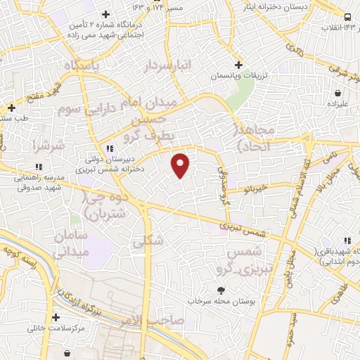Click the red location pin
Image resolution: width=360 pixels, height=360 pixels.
(181, 165)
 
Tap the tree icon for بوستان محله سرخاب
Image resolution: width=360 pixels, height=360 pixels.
(222, 290)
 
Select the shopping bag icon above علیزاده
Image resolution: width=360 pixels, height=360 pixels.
(340, 92)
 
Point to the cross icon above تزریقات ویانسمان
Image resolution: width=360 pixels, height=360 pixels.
(238, 64)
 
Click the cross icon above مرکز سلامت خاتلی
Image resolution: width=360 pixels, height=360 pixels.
(56, 317)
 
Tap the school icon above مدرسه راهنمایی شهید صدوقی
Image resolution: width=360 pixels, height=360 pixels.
(39, 167)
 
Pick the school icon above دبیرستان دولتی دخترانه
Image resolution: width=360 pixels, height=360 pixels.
(109, 148)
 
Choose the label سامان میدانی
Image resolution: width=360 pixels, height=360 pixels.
(69, 241)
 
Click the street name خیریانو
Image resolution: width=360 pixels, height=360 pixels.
(256, 188)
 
